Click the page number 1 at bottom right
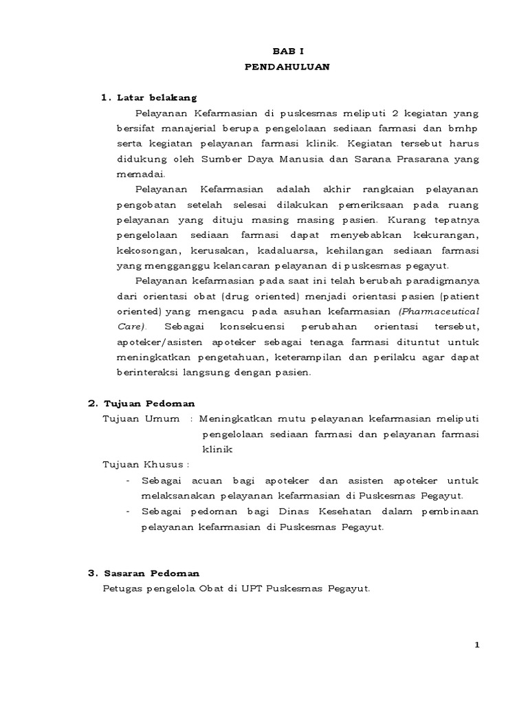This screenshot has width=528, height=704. point(477,645)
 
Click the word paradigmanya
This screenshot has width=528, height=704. point(445,281)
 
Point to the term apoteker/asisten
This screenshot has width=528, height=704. point(151,342)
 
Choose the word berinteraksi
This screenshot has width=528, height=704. point(149,372)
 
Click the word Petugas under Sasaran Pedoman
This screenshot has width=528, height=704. point(122,589)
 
